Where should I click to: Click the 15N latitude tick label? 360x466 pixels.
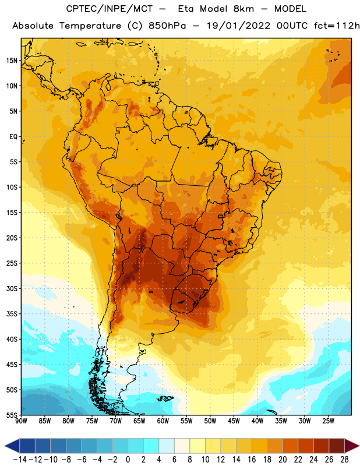(x=12, y=61)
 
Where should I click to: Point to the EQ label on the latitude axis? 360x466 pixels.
(x=13, y=137)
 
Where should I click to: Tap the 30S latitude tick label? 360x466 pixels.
(x=12, y=288)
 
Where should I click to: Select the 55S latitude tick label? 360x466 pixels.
(x=12, y=415)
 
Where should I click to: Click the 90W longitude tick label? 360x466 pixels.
(x=21, y=421)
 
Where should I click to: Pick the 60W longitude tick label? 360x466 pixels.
(x=163, y=421)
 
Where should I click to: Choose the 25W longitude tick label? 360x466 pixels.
(x=328, y=421)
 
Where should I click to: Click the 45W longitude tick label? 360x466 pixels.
(x=234, y=421)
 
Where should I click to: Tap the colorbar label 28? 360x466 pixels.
(x=344, y=460)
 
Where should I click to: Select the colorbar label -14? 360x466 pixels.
(x=20, y=460)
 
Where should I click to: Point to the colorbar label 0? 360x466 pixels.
(x=128, y=460)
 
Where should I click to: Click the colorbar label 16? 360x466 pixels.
(x=252, y=460)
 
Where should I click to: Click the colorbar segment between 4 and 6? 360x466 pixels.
(x=167, y=446)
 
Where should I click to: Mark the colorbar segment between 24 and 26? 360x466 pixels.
(x=322, y=446)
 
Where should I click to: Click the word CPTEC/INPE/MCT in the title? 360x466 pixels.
(x=110, y=9)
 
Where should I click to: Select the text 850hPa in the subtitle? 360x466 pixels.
(x=167, y=26)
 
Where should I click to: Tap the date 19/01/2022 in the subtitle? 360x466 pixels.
(x=239, y=26)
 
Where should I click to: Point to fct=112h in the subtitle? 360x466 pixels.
(x=337, y=26)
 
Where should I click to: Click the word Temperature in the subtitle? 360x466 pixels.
(x=90, y=26)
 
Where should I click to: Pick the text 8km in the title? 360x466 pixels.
(x=243, y=9)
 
